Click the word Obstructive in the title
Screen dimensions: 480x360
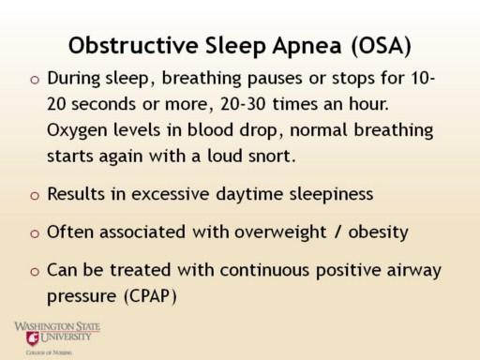pyautogui.click(x=133, y=45)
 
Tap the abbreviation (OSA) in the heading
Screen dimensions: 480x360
pyautogui.click(x=381, y=46)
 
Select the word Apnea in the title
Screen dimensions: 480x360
pyautogui.click(x=307, y=47)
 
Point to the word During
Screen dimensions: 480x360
pyautogui.click(x=74, y=79)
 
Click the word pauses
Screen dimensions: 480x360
pyautogui.click(x=275, y=79)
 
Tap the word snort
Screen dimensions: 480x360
pyautogui.click(x=272, y=156)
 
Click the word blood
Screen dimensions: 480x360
pyautogui.click(x=210, y=129)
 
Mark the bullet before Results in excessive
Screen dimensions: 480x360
pyautogui.click(x=35, y=196)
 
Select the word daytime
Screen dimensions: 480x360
pyautogui.click(x=249, y=194)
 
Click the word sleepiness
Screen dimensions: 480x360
pyautogui.click(x=331, y=195)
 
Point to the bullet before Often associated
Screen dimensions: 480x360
pyautogui.click(x=35, y=233)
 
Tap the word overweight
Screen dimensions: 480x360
pyautogui.click(x=280, y=232)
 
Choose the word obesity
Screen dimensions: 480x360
pyautogui.click(x=378, y=232)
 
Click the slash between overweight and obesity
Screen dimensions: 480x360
pyautogui.click(x=337, y=232)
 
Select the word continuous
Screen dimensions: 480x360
pyautogui.click(x=264, y=270)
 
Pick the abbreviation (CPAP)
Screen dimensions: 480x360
pyautogui.click(x=150, y=296)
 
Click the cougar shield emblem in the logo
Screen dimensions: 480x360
pyautogui.click(x=33, y=338)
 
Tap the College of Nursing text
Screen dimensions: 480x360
pyautogui.click(x=49, y=352)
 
